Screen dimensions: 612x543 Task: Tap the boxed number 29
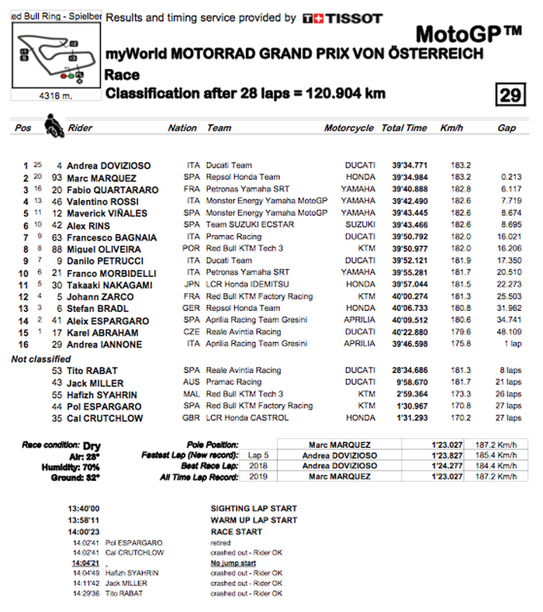click(509, 95)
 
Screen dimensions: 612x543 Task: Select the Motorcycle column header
click(348, 128)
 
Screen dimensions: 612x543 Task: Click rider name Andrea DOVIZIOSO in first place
click(109, 165)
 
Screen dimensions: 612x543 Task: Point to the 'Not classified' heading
click(40, 359)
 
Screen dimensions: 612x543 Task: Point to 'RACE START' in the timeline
click(237, 532)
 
